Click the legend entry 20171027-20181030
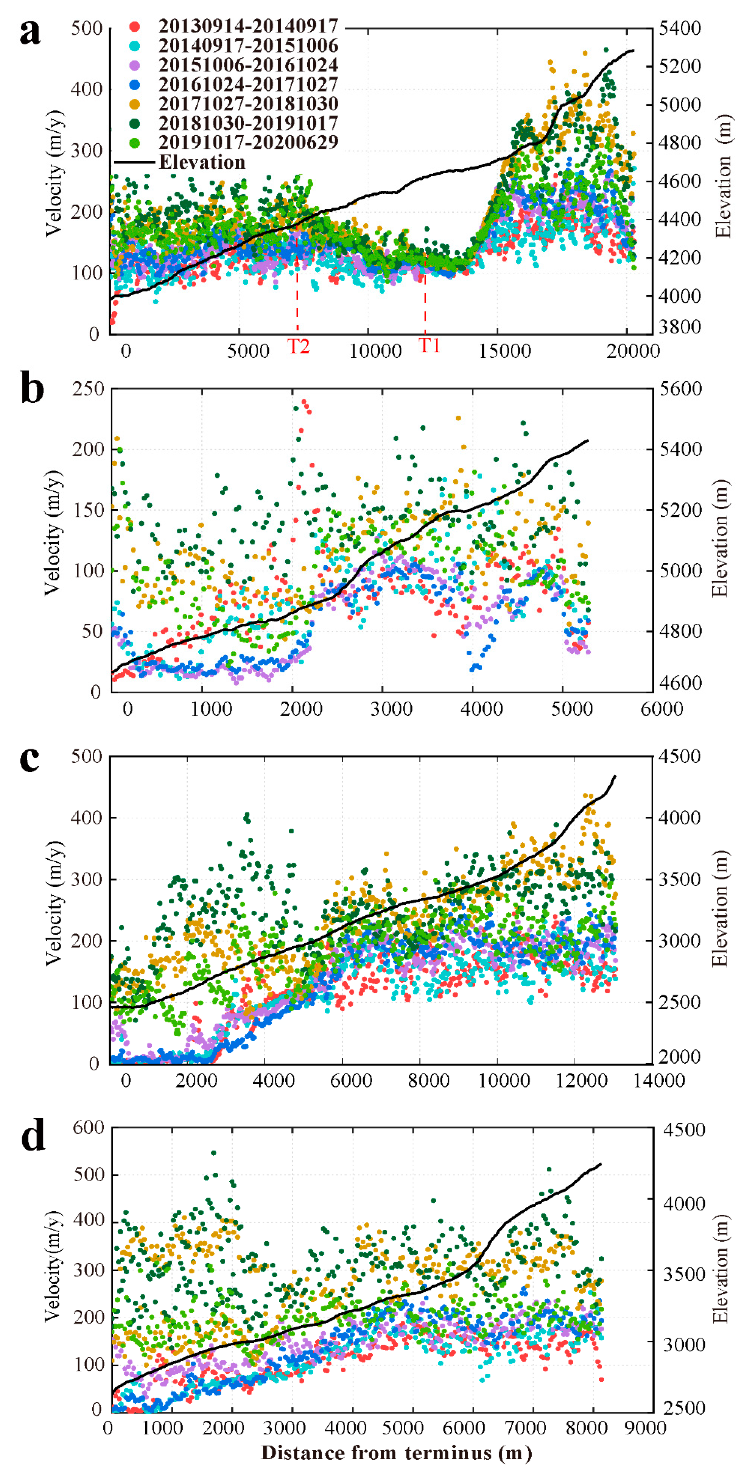(248, 104)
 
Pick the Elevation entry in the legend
(202, 162)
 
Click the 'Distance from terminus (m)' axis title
(396, 1453)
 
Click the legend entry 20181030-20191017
(248, 123)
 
